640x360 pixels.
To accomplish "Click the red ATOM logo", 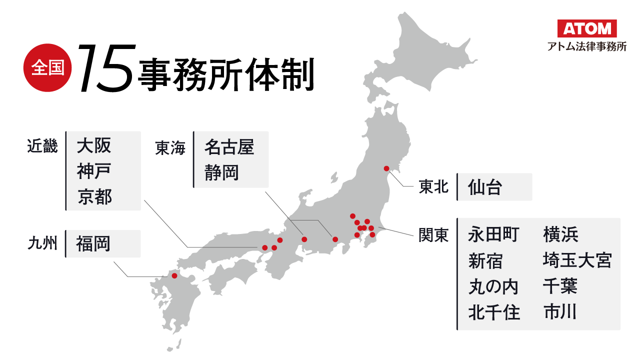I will click(587, 28).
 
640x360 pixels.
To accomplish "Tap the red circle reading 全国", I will click(48, 68).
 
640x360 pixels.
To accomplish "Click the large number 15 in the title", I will click(106, 68).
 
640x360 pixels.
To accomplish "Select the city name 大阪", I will click(94, 146).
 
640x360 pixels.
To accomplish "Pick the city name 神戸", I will click(94, 171).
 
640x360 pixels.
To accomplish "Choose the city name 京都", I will click(94, 197).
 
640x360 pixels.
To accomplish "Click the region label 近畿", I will click(42, 146).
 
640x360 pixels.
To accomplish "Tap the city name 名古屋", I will click(229, 147).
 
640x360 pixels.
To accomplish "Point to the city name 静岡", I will click(221, 172).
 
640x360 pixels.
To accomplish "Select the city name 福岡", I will click(93, 244).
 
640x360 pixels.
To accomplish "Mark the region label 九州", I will click(42, 244).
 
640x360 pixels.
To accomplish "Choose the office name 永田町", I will click(493, 234).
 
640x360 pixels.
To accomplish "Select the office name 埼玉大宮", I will click(577, 260).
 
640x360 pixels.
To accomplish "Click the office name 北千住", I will click(494, 312).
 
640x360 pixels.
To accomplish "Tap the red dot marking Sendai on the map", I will click(386, 168).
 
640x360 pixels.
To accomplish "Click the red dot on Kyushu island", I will click(174, 275).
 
